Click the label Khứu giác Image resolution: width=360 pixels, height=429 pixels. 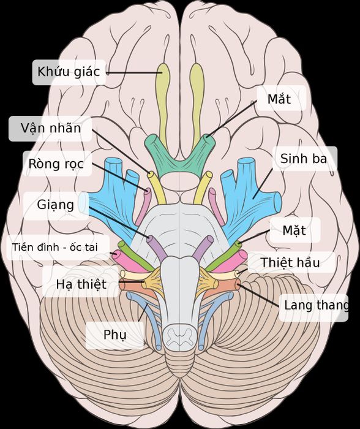point(69,72)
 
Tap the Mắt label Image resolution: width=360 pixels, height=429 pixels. point(279,99)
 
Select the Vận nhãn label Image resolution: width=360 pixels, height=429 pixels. point(51,128)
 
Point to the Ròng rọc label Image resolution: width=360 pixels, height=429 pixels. point(56,164)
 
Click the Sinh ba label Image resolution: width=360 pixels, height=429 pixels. point(304,159)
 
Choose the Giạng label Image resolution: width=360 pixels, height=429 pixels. point(56,205)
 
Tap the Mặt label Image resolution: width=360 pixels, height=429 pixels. point(294,230)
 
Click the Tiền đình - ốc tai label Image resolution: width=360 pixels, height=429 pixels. point(55,248)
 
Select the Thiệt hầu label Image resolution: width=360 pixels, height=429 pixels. point(290,263)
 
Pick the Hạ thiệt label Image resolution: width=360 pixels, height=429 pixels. point(81,284)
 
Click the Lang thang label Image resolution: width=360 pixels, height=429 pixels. point(317,305)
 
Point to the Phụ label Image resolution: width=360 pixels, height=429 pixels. point(115,335)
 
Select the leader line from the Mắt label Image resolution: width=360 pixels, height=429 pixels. point(231,119)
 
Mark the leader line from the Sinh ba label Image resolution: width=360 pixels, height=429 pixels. point(263,184)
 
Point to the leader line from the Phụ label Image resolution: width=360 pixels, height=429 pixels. point(143,313)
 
